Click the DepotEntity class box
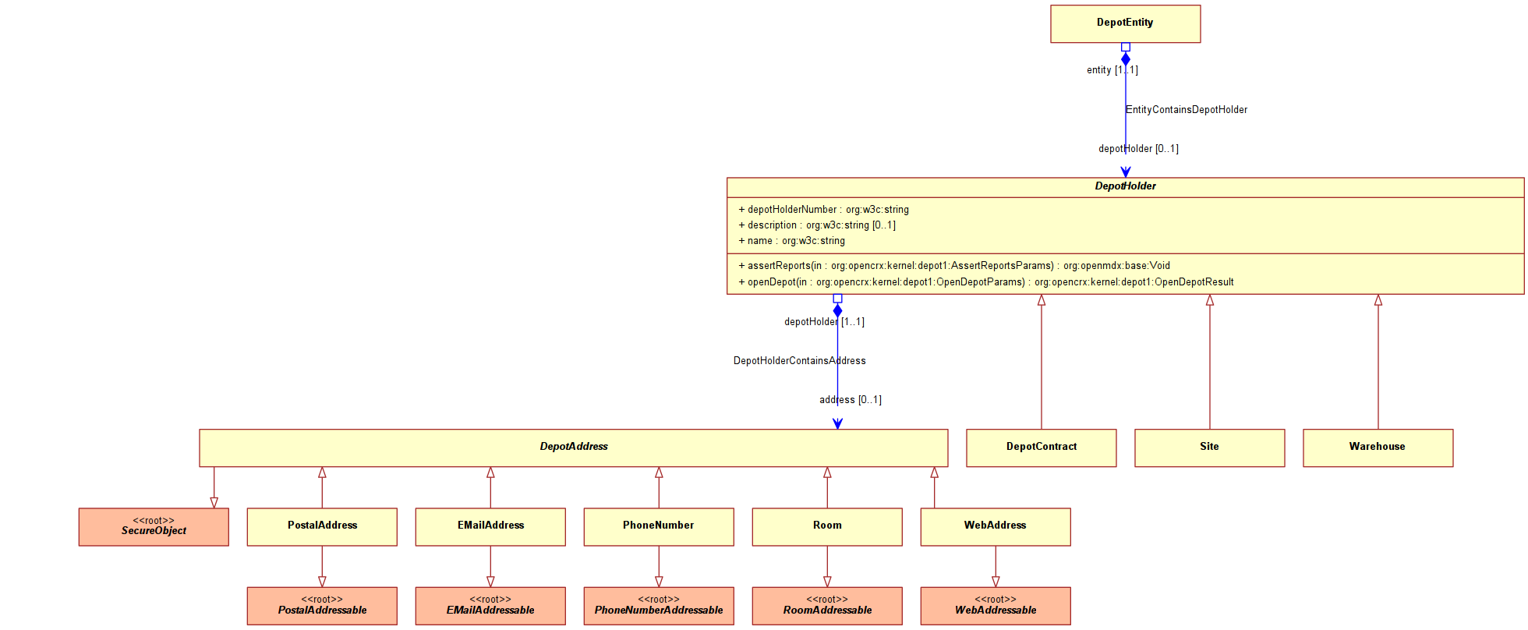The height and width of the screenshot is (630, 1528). click(1125, 23)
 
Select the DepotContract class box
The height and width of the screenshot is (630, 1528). click(1041, 448)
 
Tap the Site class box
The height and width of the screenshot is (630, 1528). click(1209, 448)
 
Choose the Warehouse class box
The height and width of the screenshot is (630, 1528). click(1378, 448)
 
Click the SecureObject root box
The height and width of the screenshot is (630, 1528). click(154, 527)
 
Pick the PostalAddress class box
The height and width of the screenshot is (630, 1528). click(322, 527)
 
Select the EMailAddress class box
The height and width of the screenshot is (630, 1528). click(490, 527)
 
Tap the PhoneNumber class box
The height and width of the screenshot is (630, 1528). click(659, 527)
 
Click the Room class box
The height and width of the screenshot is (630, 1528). click(827, 527)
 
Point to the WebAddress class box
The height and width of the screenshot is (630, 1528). click(996, 527)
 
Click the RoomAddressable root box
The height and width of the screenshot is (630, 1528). click(827, 606)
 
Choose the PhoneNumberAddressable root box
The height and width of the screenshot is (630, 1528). click(659, 606)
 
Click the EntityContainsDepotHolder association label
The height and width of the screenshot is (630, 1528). click(1187, 110)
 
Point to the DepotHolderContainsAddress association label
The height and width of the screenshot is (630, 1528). click(800, 361)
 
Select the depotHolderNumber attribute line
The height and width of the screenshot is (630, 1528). click(823, 210)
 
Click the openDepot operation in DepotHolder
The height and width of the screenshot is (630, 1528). click(986, 282)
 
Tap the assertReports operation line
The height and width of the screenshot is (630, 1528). click(954, 266)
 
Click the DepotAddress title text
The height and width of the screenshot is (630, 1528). click(574, 447)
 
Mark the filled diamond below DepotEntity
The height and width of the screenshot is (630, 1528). click(1126, 59)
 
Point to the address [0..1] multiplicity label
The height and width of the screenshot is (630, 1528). click(851, 400)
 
